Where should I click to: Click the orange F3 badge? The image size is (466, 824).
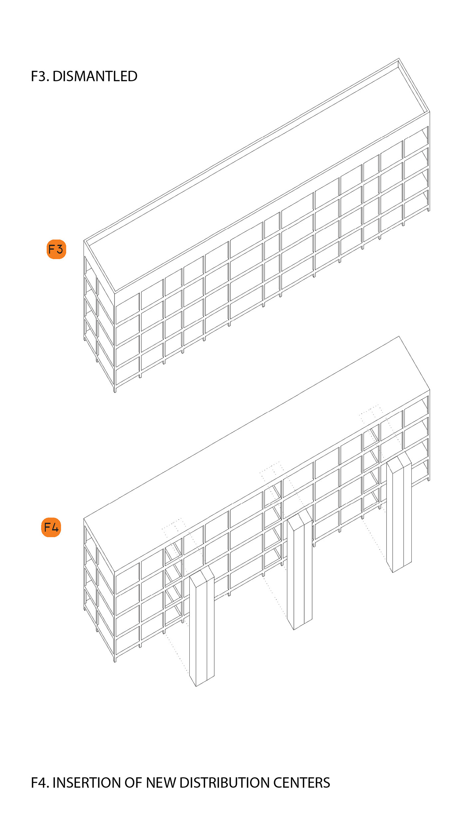click(x=56, y=249)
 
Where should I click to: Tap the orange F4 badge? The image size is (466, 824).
click(x=51, y=527)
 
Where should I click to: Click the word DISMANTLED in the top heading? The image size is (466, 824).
click(x=95, y=76)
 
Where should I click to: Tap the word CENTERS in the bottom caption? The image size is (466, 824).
click(x=302, y=783)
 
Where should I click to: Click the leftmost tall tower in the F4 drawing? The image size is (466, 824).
click(x=202, y=626)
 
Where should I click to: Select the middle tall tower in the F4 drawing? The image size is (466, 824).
click(x=300, y=569)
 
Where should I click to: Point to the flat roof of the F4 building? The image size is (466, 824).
click(x=257, y=454)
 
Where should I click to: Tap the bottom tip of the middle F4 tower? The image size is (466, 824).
click(x=294, y=630)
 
